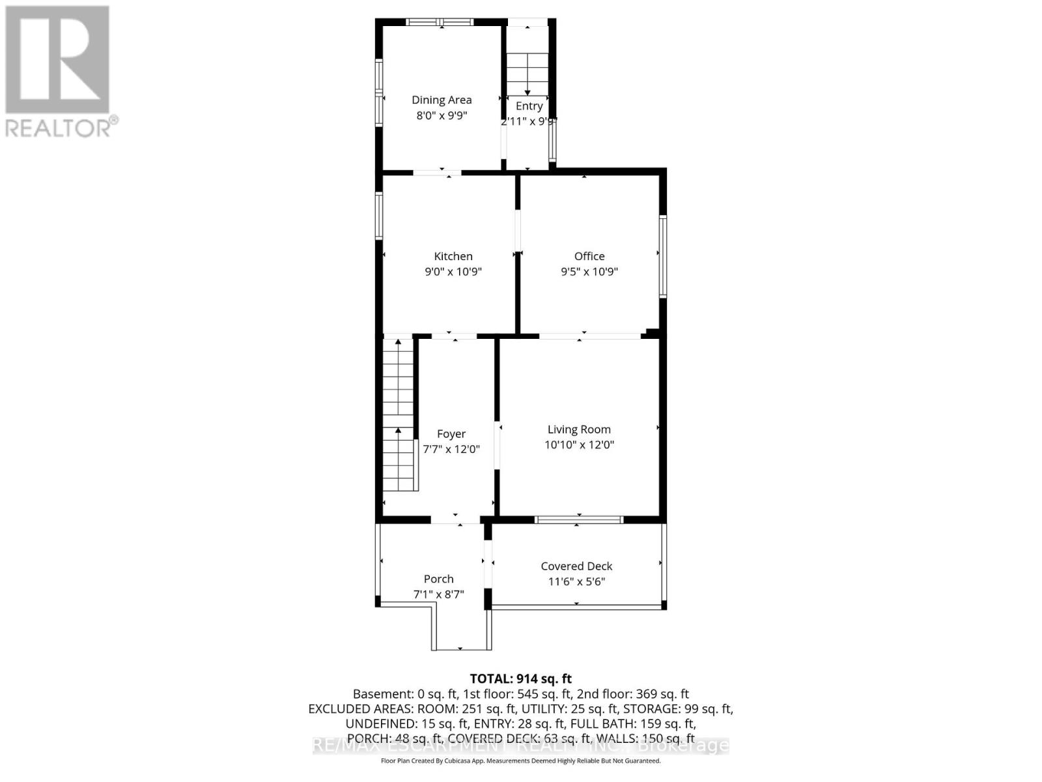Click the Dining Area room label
(441, 100)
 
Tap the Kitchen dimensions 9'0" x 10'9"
(453, 272)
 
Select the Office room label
(589, 256)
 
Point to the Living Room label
(578, 429)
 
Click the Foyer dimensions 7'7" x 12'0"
(451, 449)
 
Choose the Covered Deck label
(576, 566)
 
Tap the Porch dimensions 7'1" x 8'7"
(438, 594)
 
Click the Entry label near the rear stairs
(529, 106)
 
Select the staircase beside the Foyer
(398, 417)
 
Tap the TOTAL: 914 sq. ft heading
(520, 679)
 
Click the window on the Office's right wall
(662, 256)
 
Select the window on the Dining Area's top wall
(440, 22)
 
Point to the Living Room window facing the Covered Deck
(578, 519)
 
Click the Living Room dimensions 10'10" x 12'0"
(579, 445)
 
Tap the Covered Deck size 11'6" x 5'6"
(576, 582)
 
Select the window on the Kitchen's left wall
(379, 215)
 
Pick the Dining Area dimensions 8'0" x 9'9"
(442, 115)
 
